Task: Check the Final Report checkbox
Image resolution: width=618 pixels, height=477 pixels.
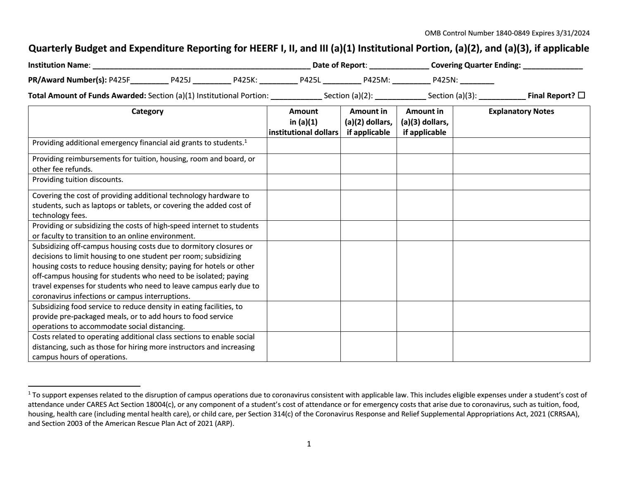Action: (x=582, y=95)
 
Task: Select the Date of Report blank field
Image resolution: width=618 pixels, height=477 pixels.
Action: (x=399, y=65)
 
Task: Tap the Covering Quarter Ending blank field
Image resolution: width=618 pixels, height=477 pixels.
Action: (x=553, y=65)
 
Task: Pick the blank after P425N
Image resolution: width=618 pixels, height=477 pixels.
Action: (x=477, y=80)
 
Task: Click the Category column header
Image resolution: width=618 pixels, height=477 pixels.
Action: (x=147, y=111)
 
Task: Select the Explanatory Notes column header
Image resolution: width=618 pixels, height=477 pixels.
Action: (x=521, y=111)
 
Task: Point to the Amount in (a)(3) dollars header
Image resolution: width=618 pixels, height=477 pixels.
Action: (x=424, y=122)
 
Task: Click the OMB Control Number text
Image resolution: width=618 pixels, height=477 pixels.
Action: (x=507, y=33)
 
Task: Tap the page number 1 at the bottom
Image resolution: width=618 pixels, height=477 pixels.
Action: (x=309, y=444)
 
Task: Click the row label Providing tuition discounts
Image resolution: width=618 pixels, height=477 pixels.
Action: (x=78, y=179)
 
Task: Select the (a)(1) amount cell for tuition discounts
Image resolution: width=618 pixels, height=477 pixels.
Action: (x=304, y=182)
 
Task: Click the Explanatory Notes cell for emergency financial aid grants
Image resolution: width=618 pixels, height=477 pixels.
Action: (x=521, y=146)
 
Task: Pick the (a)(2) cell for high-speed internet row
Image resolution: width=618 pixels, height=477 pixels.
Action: (x=368, y=231)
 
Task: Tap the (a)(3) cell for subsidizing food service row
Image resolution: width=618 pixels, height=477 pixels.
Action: (x=424, y=316)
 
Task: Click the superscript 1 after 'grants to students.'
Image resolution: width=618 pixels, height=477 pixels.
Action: (x=245, y=141)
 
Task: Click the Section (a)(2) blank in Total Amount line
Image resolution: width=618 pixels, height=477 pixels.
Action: (x=400, y=96)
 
